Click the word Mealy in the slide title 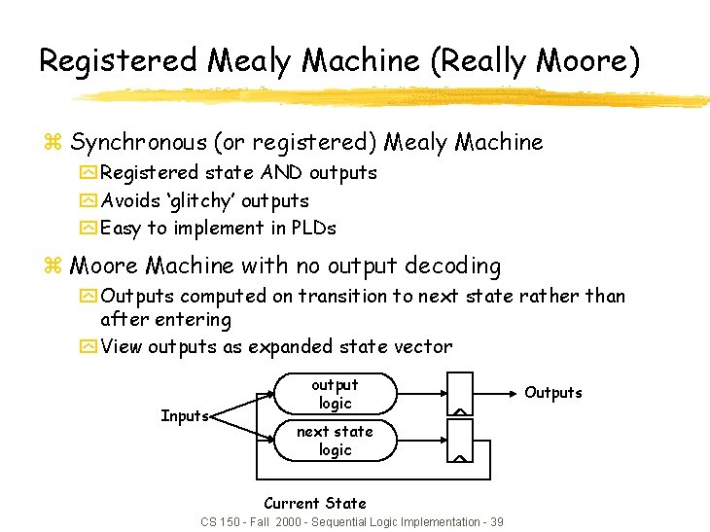249,60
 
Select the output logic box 335,394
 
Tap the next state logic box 335,441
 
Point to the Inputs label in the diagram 185,416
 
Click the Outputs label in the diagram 553,393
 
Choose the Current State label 315,503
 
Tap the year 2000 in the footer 290,522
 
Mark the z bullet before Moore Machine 54,266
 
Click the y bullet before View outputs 89,347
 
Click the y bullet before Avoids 89,201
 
